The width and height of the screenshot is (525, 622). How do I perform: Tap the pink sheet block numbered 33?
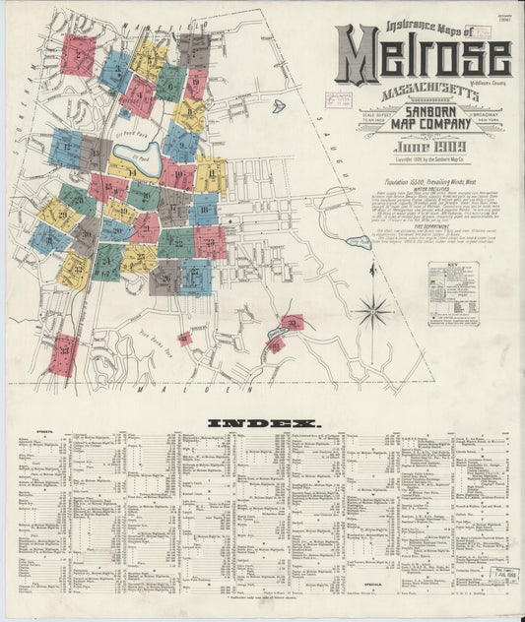tap(63, 354)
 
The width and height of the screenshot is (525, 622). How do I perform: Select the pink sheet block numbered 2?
tap(77, 55)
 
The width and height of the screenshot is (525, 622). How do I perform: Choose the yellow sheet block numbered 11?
tap(210, 174)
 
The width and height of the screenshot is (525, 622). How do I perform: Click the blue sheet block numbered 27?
tap(196, 277)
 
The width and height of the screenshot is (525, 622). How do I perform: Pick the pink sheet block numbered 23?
tap(210, 241)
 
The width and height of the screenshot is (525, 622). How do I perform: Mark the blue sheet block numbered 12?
tap(66, 148)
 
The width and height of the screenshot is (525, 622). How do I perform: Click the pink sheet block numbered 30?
tap(293, 322)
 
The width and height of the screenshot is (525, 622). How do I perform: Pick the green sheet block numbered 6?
tap(170, 84)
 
